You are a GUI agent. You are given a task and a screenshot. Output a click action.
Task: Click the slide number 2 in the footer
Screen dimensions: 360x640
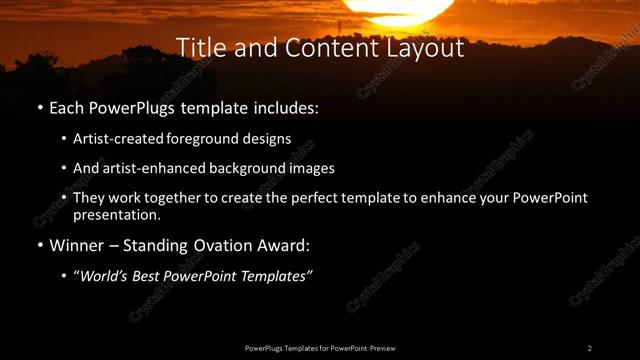pos(590,348)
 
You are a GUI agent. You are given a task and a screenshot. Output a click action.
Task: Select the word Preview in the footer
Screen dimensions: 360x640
pos(382,348)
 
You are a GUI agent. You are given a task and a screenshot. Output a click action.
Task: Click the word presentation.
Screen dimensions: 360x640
pos(116,214)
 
